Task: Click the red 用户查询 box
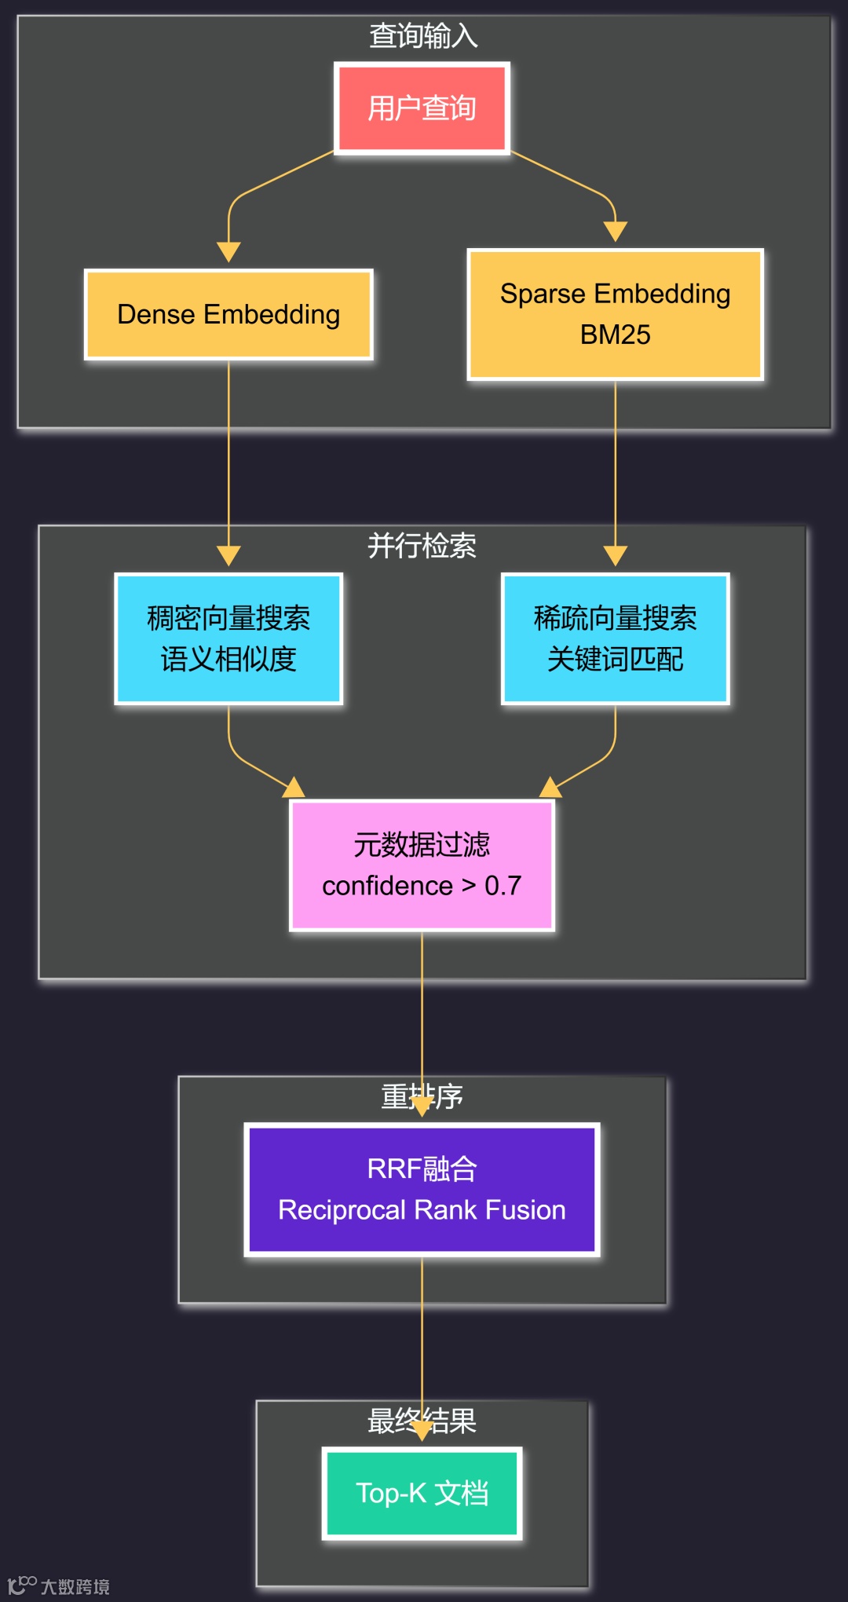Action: point(422,108)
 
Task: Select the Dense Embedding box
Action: point(228,315)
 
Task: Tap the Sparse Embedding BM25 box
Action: point(615,314)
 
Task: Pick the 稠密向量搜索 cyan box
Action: point(228,638)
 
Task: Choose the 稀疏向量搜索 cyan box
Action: point(615,638)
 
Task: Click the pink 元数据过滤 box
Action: point(422,865)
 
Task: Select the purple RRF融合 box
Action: point(422,1189)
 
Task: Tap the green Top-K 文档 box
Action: point(422,1493)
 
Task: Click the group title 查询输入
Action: point(423,36)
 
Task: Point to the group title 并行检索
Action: point(422,546)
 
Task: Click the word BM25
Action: point(615,335)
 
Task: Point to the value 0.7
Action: point(503,886)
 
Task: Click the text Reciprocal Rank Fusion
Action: point(422,1210)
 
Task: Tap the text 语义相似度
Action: point(228,659)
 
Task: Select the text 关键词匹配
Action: point(615,659)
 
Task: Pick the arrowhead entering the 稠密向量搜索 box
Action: point(228,556)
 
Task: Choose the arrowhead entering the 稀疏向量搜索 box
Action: point(615,556)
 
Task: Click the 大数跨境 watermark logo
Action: point(59,1586)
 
